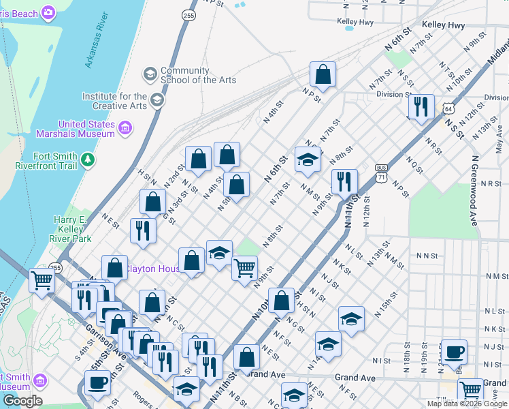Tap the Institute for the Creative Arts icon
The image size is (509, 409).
pos(157,101)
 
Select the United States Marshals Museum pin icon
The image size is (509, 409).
pos(125,128)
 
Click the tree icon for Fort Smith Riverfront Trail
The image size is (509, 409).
pos(87,160)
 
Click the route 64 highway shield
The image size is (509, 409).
pos(447,108)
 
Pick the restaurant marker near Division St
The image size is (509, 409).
pos(421,106)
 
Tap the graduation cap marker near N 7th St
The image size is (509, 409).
pos(308,160)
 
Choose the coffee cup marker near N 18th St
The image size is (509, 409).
pos(454,352)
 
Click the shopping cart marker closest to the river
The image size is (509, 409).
pos(42,279)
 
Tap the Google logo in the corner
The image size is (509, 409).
pos(22,401)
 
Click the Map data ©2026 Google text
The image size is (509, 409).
pos(467,404)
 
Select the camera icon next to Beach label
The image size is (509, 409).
pos(48,12)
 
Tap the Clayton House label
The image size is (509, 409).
pos(154,269)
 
